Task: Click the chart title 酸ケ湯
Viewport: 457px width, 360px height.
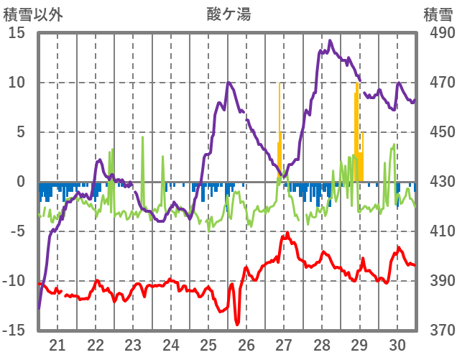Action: [228, 14]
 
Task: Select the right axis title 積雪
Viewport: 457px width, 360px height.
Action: [437, 14]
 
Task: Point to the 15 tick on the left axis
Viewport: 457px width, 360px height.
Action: [17, 33]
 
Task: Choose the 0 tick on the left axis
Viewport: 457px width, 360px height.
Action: [21, 182]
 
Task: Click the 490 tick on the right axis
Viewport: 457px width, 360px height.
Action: [438, 33]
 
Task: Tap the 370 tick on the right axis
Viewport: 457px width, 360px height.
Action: [438, 331]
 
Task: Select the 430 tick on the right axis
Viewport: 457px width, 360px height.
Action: [438, 182]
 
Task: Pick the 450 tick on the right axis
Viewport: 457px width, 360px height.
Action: [438, 132]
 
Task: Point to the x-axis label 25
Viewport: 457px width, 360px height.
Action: [208, 344]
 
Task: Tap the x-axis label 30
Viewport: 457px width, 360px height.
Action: [397, 344]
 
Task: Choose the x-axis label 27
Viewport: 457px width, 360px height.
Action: [284, 344]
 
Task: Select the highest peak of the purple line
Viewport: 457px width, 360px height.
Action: [330, 41]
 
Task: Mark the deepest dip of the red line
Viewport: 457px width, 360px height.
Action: [237, 324]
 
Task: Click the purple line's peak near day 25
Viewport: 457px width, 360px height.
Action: [228, 83]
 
